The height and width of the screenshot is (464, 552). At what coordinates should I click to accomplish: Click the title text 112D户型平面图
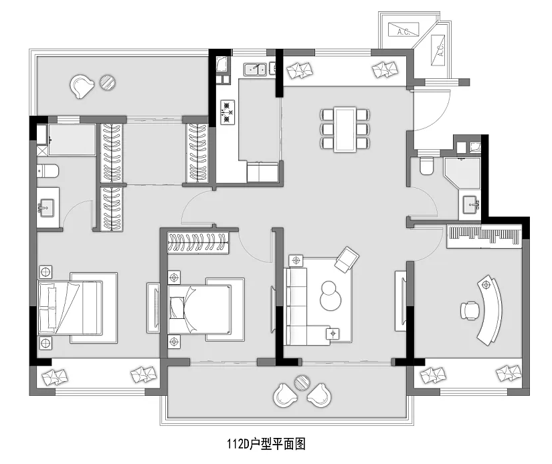coord(266,445)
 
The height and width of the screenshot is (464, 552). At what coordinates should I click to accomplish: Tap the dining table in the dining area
coord(345,129)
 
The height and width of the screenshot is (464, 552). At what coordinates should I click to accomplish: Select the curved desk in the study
coord(490,309)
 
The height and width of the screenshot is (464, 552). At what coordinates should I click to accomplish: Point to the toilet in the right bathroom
coord(427,165)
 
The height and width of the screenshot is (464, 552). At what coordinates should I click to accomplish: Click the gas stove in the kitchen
coord(227,112)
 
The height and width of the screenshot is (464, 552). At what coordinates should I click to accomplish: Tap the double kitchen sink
coord(255,70)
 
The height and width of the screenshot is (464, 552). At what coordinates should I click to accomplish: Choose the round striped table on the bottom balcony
coord(302,383)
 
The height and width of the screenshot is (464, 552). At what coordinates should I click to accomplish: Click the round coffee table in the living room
coord(331,296)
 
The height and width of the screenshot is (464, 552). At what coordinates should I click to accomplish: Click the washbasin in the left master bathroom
coord(46,207)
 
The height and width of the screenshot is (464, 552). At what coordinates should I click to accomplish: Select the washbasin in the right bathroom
coord(470,204)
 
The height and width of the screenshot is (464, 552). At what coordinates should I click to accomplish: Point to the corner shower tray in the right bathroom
coord(462,175)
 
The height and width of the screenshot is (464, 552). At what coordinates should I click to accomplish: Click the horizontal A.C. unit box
coord(403,29)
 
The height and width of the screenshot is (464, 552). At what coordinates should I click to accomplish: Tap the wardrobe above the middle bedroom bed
coord(198,243)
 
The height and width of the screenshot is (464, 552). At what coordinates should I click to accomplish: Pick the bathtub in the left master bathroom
coord(72,140)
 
